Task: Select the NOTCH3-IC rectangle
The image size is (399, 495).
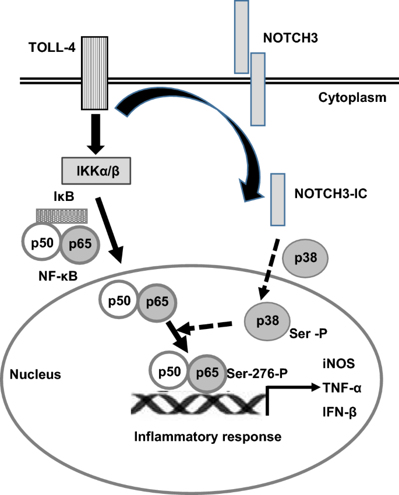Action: point(277,199)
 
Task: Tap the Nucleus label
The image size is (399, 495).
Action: point(37,374)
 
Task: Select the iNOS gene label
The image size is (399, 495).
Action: point(334,363)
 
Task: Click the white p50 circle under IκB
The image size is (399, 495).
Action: point(42,242)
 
